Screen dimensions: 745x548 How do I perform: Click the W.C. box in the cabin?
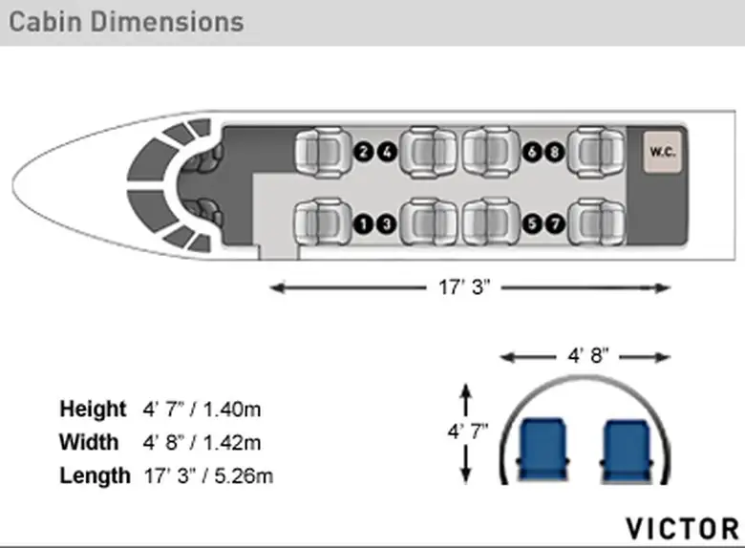662,152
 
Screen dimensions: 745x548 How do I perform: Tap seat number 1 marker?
364,223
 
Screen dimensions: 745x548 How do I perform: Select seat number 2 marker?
364,152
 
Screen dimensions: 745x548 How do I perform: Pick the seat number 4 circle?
387,153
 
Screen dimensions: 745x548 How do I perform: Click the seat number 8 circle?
555,153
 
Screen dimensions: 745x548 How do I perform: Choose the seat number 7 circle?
555,223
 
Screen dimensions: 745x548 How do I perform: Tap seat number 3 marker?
387,223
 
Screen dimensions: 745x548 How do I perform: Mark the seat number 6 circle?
532,153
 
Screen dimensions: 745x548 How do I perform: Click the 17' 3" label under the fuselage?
464,287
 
